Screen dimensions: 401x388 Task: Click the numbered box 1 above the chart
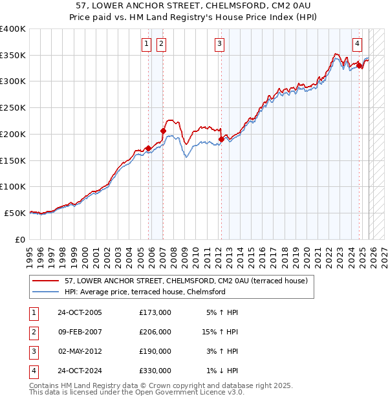147,44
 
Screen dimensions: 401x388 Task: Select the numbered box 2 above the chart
161,44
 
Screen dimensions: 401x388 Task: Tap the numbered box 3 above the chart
220,44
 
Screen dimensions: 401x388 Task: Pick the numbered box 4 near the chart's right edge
358,44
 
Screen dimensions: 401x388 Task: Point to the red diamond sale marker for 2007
163,131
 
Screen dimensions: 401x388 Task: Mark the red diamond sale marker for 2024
360,65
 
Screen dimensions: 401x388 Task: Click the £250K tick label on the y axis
13,108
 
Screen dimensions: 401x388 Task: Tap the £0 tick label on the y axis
19,239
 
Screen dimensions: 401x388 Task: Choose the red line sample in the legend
46,281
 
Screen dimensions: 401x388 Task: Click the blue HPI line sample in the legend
46,292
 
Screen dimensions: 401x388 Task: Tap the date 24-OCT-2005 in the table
80,312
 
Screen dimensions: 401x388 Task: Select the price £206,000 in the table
155,332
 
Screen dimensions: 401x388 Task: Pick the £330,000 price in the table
155,371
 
